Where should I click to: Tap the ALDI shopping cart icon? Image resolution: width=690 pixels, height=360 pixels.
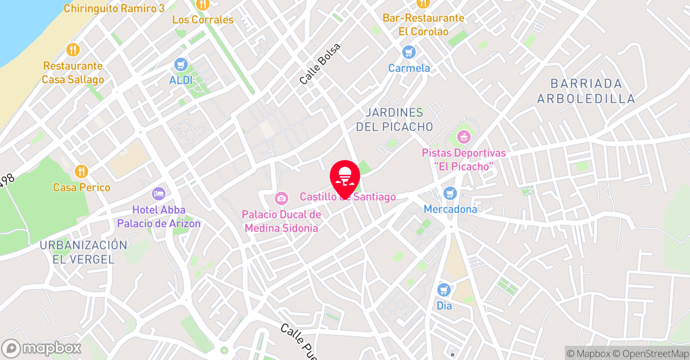click(181, 65)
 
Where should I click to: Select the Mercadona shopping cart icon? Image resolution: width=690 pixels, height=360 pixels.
click(450, 193)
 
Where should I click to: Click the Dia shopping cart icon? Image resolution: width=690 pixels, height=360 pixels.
click(444, 290)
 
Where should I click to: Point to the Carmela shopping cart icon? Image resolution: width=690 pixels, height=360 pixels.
click(409, 52)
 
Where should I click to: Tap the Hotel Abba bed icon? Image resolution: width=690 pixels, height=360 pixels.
click(158, 193)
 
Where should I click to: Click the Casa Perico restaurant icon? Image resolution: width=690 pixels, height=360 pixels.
click(81, 171)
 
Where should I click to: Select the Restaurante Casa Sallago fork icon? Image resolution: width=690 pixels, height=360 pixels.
click(73, 50)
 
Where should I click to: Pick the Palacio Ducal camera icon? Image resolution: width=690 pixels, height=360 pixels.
click(281, 198)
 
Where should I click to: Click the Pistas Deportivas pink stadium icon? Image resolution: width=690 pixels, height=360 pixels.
click(464, 137)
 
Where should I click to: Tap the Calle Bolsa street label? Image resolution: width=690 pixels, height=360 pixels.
click(320, 64)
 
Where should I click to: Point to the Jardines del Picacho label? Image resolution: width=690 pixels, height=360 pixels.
click(395, 120)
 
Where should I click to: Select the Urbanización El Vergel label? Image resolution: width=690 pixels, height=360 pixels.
click(84, 252)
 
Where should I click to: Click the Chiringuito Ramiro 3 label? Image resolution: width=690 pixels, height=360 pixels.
click(114, 9)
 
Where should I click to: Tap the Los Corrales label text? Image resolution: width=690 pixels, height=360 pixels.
click(203, 20)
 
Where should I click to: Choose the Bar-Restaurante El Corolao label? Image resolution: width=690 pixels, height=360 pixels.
click(423, 25)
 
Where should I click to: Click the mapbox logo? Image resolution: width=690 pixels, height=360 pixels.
click(41, 348)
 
